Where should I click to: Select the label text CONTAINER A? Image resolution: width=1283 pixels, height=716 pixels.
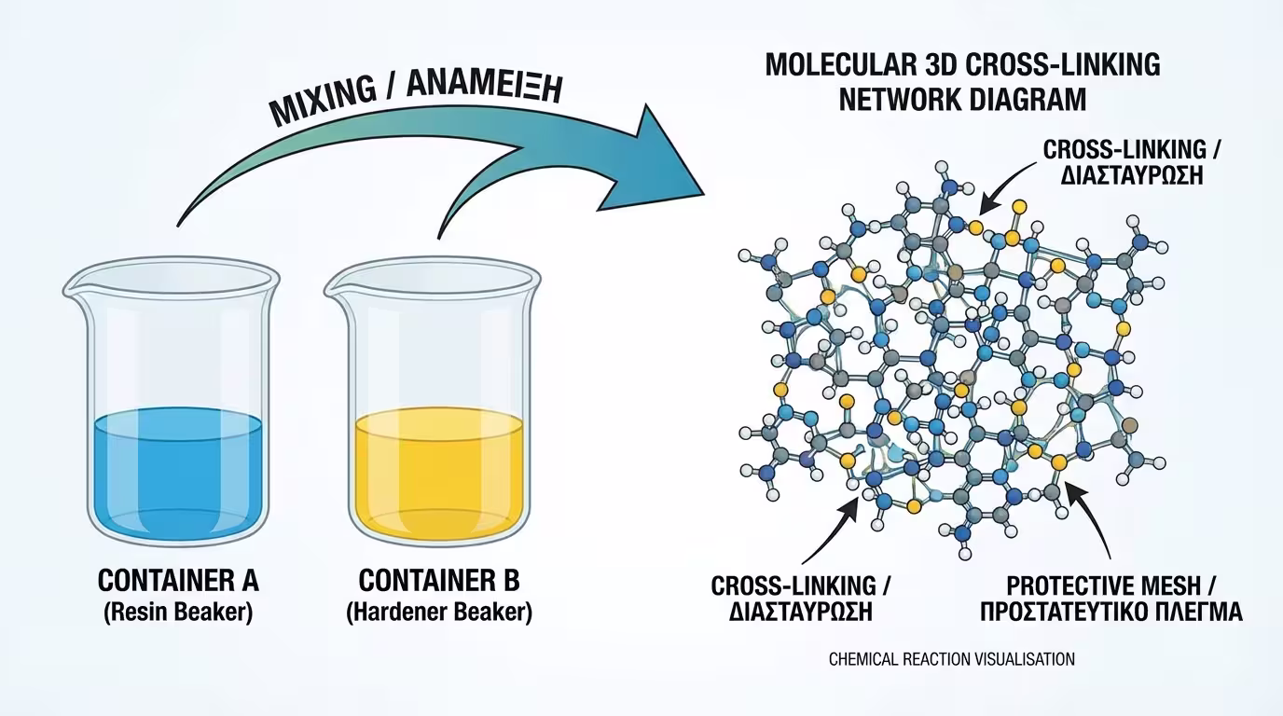[x=178, y=581]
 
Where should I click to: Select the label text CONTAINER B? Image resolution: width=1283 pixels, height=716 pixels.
[x=439, y=581]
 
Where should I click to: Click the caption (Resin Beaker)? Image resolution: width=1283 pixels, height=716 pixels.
[x=178, y=613]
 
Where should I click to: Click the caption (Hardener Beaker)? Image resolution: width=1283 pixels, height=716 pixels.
[x=439, y=613]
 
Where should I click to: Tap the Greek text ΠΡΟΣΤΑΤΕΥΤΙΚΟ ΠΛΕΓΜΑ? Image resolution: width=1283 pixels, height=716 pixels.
[x=1124, y=613]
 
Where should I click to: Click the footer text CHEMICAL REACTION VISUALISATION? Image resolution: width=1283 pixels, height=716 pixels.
[x=951, y=659]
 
